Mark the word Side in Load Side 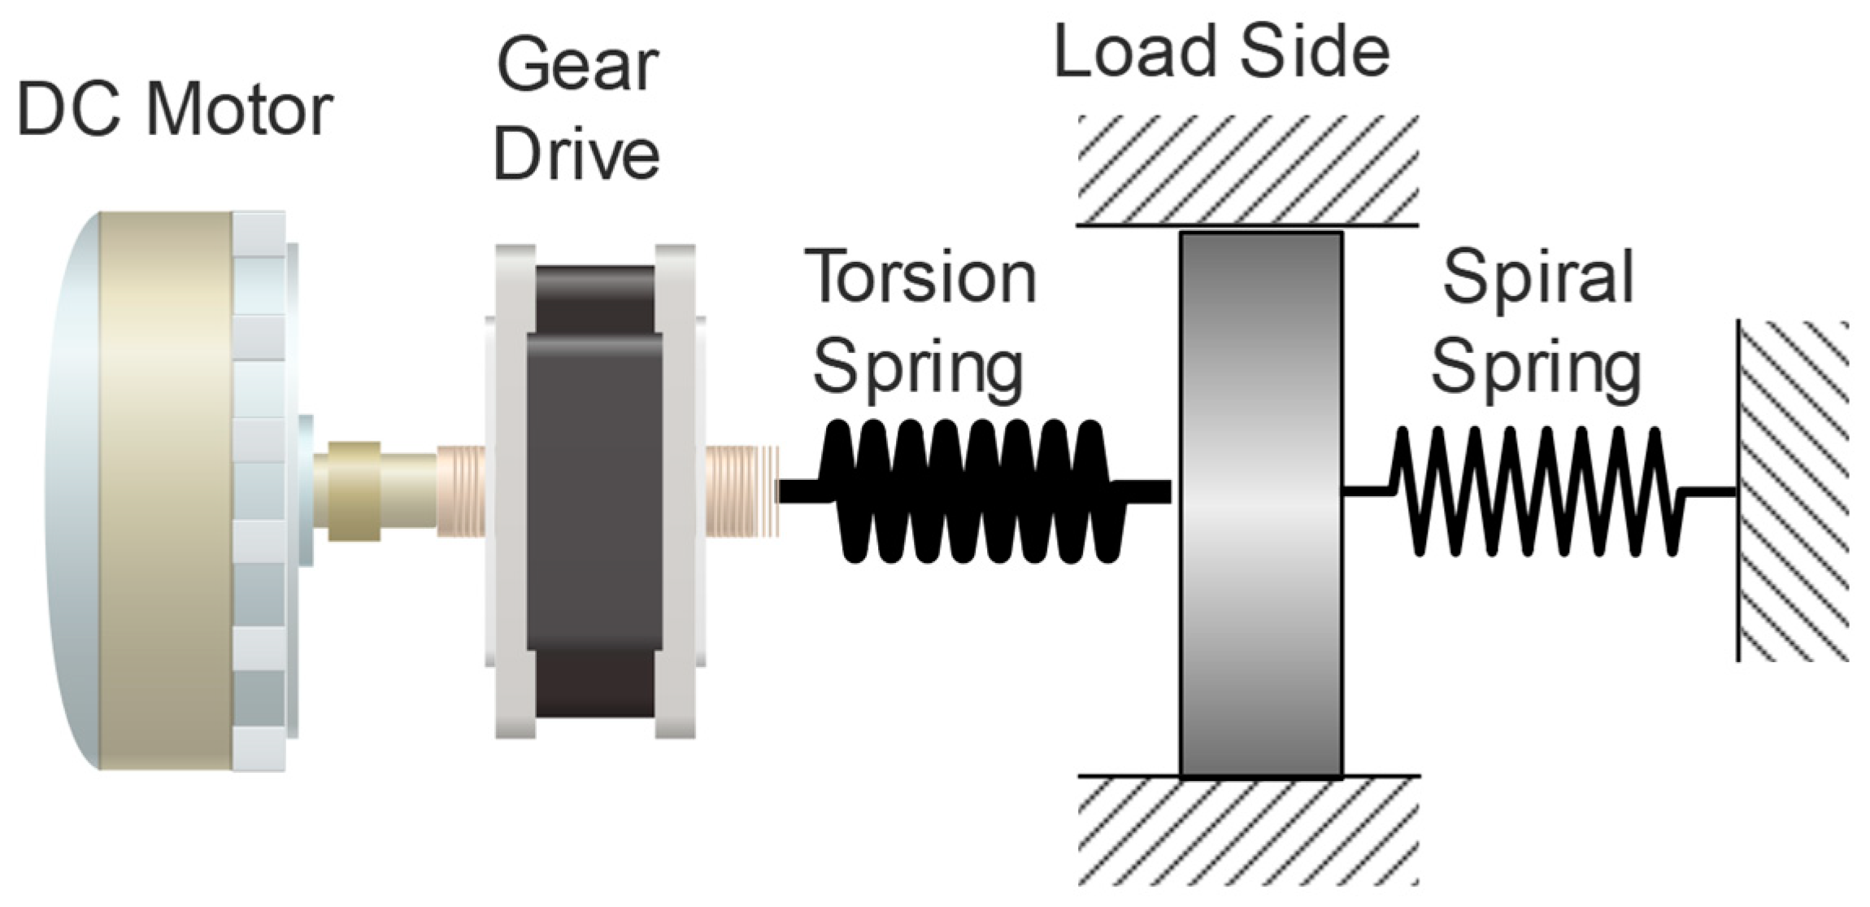1316,52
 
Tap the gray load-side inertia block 1259,504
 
